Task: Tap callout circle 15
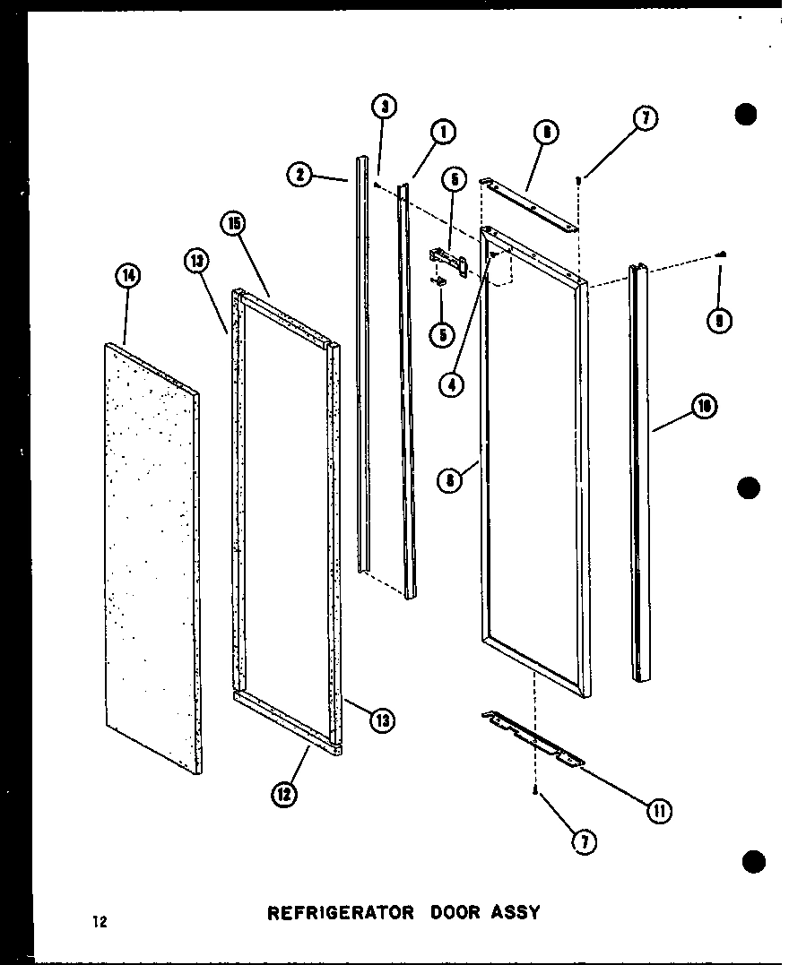236,224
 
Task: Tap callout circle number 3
385,108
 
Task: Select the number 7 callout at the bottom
585,842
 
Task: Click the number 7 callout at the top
644,117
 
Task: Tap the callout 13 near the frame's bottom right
384,719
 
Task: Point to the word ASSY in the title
515,913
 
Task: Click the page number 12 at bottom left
99,921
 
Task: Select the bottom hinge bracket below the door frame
533,738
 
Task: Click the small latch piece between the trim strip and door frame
447,259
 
